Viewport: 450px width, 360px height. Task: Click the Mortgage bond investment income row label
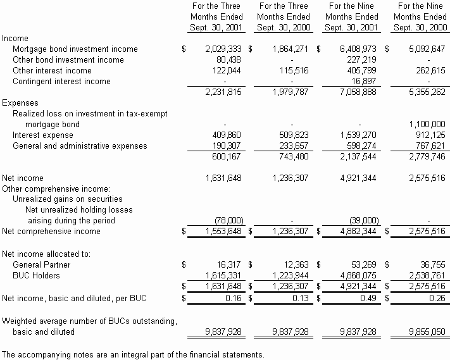[75, 49]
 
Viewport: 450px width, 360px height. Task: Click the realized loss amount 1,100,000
[425, 125]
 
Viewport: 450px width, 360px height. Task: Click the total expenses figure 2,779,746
[425, 157]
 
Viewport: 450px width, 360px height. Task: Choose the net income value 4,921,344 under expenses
[359, 178]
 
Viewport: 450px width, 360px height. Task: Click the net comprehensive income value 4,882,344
[359, 232]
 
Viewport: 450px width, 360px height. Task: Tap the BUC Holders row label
[37, 276]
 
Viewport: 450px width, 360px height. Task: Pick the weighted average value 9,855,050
[425, 332]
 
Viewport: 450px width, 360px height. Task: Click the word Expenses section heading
[20, 102]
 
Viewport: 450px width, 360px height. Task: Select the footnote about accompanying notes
[134, 354]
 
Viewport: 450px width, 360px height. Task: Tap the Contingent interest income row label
[61, 82]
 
